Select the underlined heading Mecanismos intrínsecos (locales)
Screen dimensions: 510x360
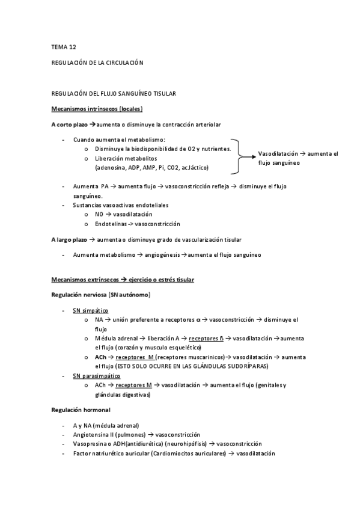coord(97,109)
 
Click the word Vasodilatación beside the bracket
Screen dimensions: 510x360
coord(278,154)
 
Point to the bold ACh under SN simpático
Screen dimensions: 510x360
coord(101,357)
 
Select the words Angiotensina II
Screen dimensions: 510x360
coord(96,434)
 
